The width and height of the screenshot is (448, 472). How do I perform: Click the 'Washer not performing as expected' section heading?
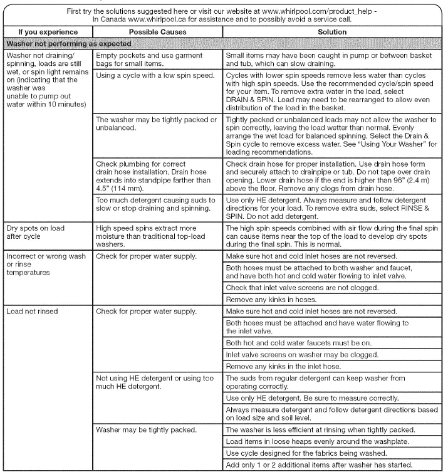68,44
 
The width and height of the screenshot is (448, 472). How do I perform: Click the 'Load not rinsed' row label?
29,311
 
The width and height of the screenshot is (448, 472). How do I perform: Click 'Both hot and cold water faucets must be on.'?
297,344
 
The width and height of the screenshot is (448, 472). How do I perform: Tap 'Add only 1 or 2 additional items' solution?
318,464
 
